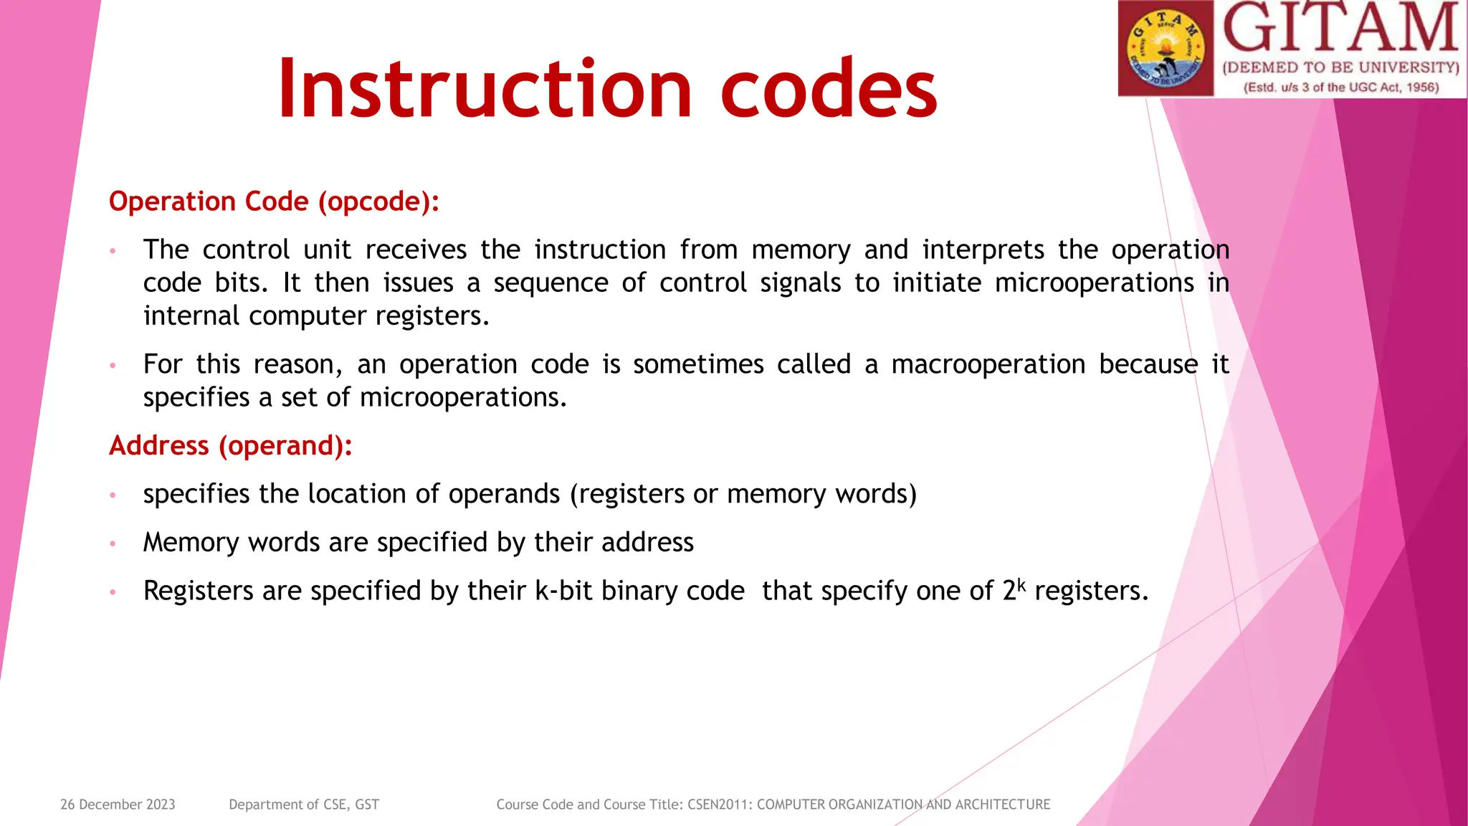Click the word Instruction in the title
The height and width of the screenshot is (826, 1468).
coord(485,89)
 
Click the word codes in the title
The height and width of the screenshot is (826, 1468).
coord(829,89)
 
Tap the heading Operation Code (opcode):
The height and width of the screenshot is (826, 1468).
coord(274,201)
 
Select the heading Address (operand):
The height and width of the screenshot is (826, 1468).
coord(230,446)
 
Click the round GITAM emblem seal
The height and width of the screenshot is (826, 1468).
coord(1166,49)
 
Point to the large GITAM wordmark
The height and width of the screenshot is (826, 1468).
coord(1340,29)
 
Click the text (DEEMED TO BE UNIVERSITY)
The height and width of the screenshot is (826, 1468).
coord(1340,68)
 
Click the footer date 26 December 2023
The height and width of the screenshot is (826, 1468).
coord(118,804)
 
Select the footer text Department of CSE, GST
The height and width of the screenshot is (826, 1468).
coord(304,804)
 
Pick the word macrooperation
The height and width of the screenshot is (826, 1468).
coord(988,364)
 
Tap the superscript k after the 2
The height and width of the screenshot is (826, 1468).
coord(1021,584)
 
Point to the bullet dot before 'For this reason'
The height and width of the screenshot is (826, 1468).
coord(113,366)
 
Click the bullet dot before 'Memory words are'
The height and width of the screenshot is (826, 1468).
coord(113,543)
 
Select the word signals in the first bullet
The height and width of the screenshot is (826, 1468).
coord(800,283)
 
